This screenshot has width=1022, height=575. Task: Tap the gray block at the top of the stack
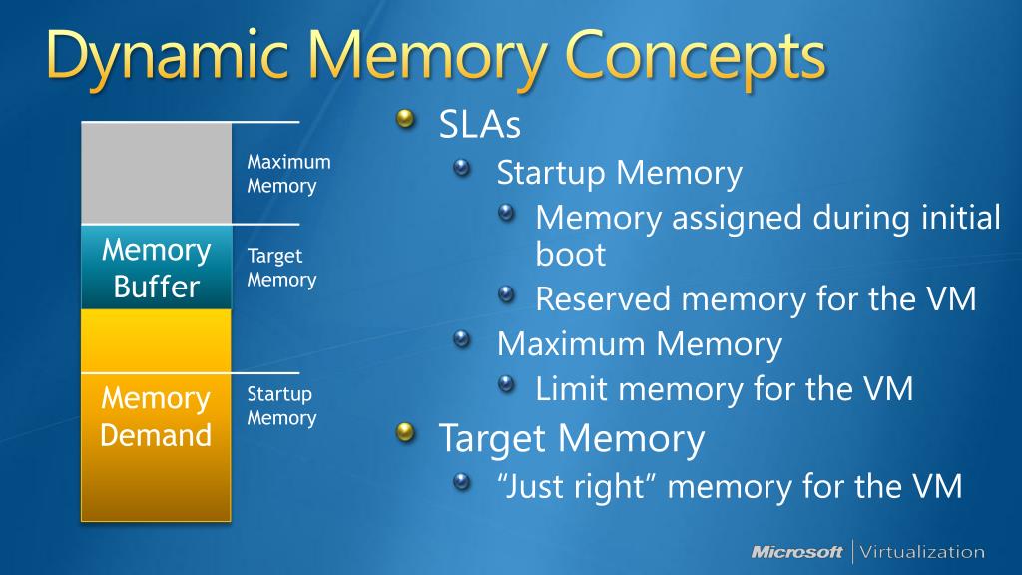point(156,173)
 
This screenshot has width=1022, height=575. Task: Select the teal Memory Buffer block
point(156,268)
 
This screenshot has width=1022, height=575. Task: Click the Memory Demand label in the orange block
point(156,417)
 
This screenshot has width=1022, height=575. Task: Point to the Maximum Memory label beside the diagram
point(288,174)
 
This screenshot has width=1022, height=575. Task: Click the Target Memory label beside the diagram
point(281,268)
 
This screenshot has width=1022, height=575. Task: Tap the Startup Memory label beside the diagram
point(281,406)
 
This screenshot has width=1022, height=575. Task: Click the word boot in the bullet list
point(570,254)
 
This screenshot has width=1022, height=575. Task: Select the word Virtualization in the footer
point(921,552)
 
